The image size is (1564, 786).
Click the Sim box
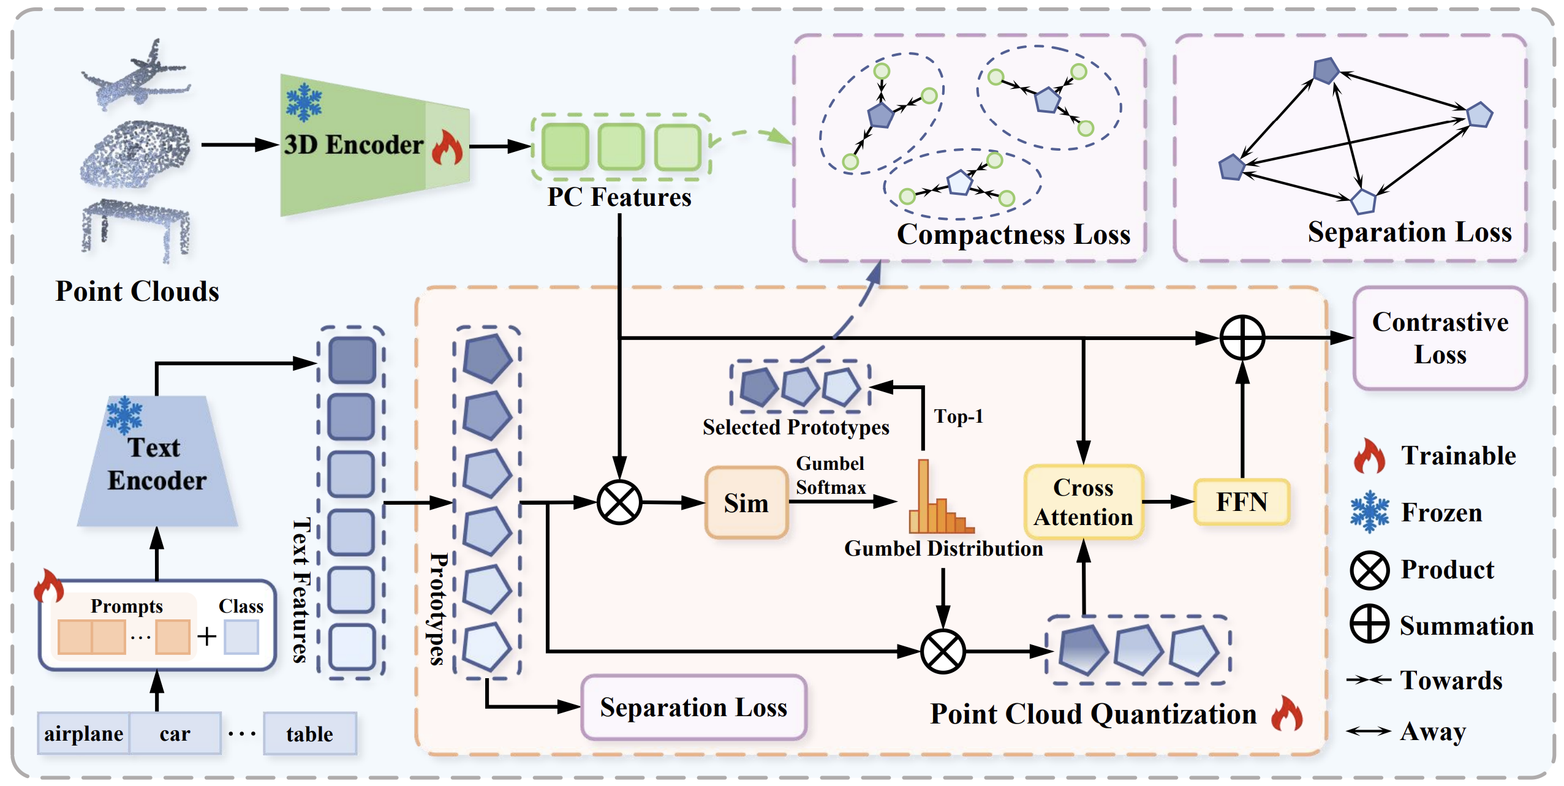[x=746, y=503]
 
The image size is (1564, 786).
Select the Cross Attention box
[x=1083, y=502]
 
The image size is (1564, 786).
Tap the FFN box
[x=1241, y=502]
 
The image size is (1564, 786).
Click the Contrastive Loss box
[x=1440, y=338]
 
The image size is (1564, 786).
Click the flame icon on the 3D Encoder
[x=447, y=148]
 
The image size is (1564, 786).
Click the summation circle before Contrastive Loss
[x=1242, y=338]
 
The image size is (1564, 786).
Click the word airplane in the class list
[x=83, y=733]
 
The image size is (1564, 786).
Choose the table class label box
[x=310, y=733]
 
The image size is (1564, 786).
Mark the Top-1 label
[x=958, y=417]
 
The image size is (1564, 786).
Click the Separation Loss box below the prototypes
[x=693, y=708]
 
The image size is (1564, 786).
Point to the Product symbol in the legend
[x=1369, y=570]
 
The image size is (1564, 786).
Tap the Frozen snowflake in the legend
[x=1369, y=512]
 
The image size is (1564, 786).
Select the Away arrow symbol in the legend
[x=1369, y=731]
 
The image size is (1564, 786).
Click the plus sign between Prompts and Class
[x=207, y=637]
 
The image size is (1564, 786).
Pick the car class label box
[x=175, y=733]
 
